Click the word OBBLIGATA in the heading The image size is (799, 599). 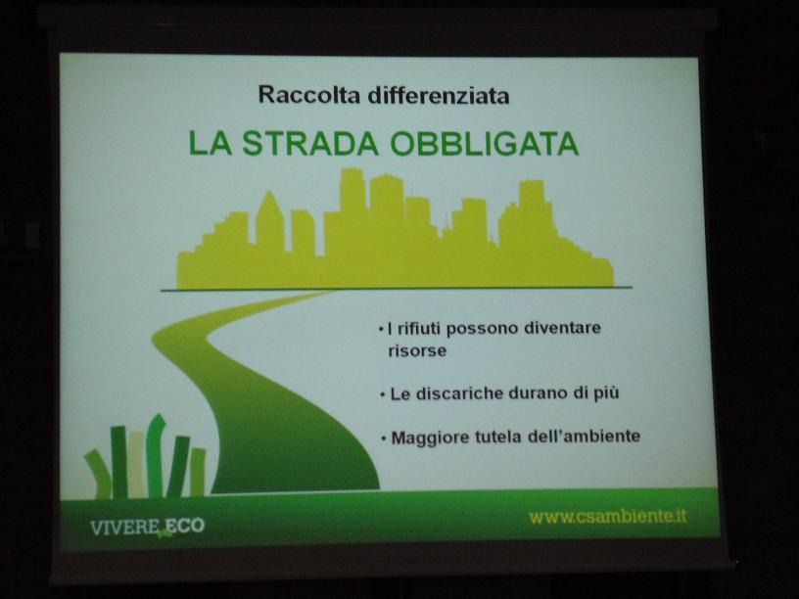485,144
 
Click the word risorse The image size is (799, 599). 417,351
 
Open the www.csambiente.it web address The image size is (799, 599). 608,517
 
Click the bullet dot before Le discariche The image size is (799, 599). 382,394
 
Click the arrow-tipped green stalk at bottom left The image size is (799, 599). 157,455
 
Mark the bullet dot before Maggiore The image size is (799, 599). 383,438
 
